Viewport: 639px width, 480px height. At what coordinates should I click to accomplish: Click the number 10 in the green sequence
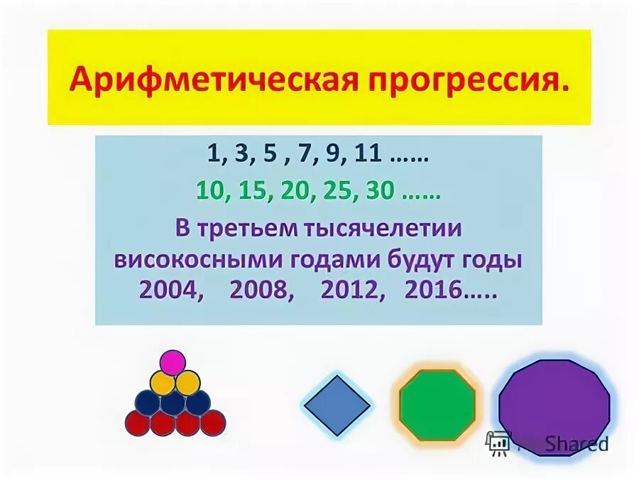tap(211, 191)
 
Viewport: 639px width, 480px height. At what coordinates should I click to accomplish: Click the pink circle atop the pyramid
tap(172, 363)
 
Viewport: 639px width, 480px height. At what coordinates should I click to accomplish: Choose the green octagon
tap(436, 405)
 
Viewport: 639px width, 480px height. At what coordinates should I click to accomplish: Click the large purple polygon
tap(554, 408)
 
